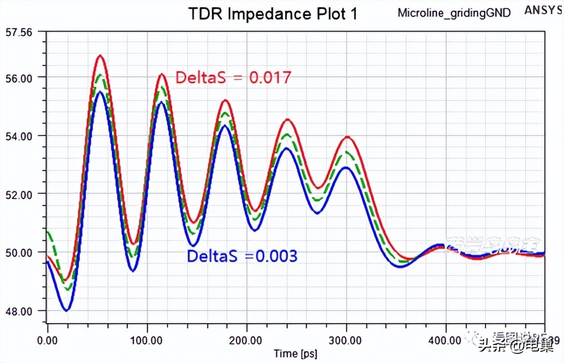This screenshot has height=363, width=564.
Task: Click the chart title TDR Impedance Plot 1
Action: coord(273,14)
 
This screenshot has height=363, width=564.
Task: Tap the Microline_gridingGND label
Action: coord(454,13)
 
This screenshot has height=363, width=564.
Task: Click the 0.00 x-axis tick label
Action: coord(47,337)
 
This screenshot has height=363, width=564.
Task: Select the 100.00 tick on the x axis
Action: coord(147,337)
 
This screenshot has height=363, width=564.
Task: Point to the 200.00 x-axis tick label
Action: coord(247,337)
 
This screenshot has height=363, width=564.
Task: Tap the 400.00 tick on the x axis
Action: coord(446,337)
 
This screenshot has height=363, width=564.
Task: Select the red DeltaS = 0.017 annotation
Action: coord(233,78)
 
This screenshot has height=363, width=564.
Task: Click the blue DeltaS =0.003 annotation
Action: coord(242,257)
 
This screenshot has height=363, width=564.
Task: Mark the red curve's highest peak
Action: coord(100,55)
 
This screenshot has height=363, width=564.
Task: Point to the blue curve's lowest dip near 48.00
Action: coord(66,310)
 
